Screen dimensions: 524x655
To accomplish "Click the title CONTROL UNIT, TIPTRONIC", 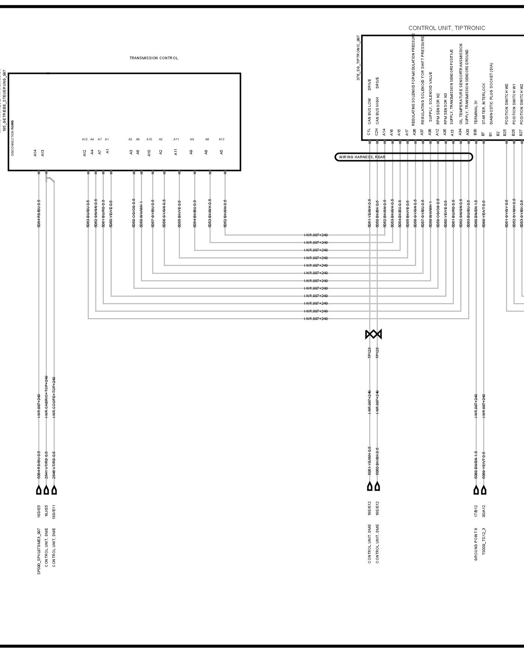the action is coord(446,28).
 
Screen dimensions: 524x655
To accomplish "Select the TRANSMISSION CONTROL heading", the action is coord(154,58).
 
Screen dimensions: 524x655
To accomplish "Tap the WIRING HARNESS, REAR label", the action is coord(362,157).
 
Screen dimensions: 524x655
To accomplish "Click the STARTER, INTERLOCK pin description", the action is coord(484,104).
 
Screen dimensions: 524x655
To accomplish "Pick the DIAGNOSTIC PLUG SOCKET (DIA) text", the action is coord(491,93).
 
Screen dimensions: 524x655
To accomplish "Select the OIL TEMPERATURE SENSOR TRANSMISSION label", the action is coord(461,87).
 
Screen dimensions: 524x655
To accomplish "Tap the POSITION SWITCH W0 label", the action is coord(506,104).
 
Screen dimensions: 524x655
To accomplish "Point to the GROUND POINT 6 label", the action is coord(476,544).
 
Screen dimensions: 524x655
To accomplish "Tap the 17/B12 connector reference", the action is coord(476,511).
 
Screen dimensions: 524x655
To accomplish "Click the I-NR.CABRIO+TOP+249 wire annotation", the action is coord(46,397).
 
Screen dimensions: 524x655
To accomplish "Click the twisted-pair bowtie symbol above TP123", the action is coord(373,334).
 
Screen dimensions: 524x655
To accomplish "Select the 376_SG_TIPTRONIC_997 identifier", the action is coord(358,58).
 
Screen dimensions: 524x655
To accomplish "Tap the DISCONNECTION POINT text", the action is coord(12,138).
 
